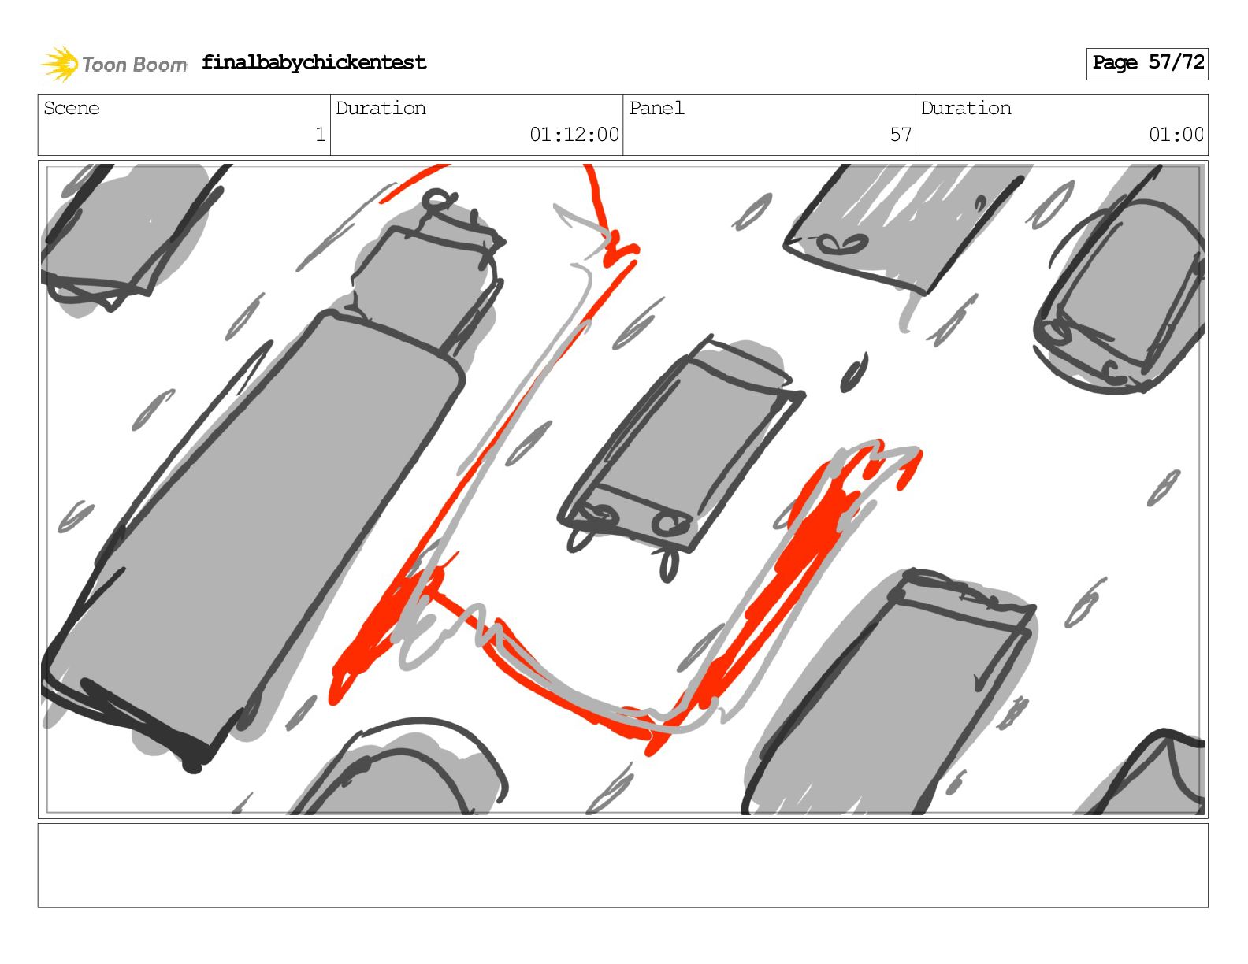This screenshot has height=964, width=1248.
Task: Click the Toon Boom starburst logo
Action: [x=60, y=64]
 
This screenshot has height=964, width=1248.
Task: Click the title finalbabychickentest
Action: [x=314, y=62]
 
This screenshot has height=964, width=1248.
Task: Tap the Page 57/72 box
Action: [x=1147, y=64]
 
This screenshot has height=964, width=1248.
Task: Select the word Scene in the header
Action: [x=72, y=108]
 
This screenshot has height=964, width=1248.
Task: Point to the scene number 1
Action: [x=321, y=135]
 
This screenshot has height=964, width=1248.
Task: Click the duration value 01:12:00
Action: [x=574, y=135]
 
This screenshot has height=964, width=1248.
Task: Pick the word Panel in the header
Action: [x=656, y=108]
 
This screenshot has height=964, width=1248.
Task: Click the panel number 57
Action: [x=901, y=135]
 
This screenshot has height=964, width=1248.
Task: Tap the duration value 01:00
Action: [x=1176, y=135]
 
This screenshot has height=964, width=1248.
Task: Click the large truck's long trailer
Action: [x=253, y=534]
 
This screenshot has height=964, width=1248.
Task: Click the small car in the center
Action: [x=681, y=454]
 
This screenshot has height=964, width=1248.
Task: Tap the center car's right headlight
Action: [x=670, y=522]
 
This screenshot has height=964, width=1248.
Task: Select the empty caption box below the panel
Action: [x=623, y=866]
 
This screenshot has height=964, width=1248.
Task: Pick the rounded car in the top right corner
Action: [x=1120, y=293]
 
